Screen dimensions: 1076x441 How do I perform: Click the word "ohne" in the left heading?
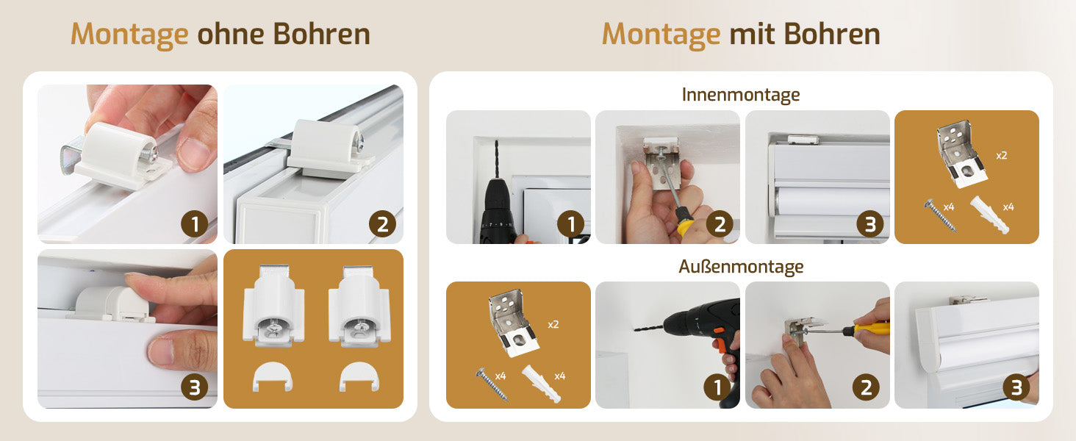(x=231, y=34)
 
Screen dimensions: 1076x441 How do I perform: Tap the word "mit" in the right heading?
(x=752, y=34)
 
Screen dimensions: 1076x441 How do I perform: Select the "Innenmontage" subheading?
(x=741, y=95)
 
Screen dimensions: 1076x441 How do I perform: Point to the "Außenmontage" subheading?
(x=741, y=267)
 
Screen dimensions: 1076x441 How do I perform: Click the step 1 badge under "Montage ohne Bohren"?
(x=195, y=224)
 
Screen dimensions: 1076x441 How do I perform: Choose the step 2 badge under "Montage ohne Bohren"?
(x=382, y=224)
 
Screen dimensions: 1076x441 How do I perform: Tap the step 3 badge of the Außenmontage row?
(x=1016, y=387)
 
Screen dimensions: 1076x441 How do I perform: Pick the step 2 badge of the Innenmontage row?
(x=720, y=224)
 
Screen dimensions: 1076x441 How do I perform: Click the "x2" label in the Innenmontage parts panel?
(x=1001, y=156)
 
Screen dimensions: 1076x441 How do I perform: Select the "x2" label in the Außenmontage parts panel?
(x=553, y=325)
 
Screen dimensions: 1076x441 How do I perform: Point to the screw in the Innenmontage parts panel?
(x=939, y=215)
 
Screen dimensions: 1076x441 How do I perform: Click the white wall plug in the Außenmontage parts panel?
(x=541, y=384)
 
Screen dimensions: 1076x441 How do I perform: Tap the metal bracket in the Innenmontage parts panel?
(x=961, y=154)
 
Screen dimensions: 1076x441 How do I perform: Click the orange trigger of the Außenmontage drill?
(x=719, y=332)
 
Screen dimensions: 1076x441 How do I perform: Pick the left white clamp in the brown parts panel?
(x=273, y=305)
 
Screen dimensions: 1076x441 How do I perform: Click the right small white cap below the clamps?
(x=359, y=376)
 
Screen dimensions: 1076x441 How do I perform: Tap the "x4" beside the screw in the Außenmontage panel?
(x=501, y=376)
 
